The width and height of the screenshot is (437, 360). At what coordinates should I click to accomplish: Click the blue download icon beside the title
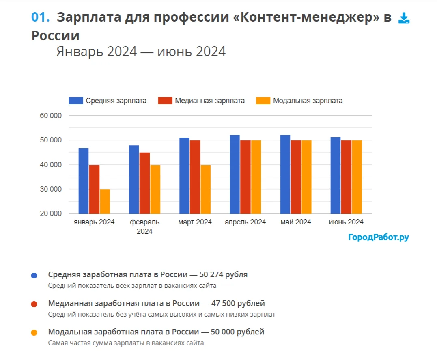(x=404, y=18)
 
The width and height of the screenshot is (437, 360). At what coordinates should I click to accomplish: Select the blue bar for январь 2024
(x=84, y=181)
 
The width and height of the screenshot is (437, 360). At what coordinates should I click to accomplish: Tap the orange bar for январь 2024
(x=105, y=201)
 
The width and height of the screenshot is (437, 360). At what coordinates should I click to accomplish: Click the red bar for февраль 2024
(x=144, y=183)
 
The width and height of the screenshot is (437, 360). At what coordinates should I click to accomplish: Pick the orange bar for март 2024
(x=205, y=189)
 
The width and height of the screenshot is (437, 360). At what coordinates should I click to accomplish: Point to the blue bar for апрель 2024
(x=235, y=175)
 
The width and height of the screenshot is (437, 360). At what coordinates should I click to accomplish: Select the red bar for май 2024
(x=295, y=177)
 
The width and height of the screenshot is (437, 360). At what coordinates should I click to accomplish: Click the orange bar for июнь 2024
(x=356, y=177)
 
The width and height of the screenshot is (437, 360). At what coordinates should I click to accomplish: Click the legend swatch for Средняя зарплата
(x=75, y=101)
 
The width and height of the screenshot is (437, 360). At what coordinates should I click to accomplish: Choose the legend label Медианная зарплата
(x=210, y=101)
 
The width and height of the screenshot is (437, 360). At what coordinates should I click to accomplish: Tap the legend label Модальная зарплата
(x=308, y=101)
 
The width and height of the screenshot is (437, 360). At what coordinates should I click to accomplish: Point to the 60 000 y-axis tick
(x=51, y=116)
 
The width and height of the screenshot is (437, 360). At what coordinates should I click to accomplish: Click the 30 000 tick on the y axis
(x=51, y=189)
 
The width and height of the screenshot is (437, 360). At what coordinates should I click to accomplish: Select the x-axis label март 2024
(x=195, y=222)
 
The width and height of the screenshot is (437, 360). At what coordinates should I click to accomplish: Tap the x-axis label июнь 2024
(x=346, y=222)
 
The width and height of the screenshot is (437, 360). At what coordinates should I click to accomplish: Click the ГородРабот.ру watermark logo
(x=378, y=237)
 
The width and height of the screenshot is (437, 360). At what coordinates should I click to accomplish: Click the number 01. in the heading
(x=41, y=17)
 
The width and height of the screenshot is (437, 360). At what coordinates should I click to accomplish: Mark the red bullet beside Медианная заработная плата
(x=34, y=304)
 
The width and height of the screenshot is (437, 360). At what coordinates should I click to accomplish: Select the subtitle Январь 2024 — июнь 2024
(x=141, y=52)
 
